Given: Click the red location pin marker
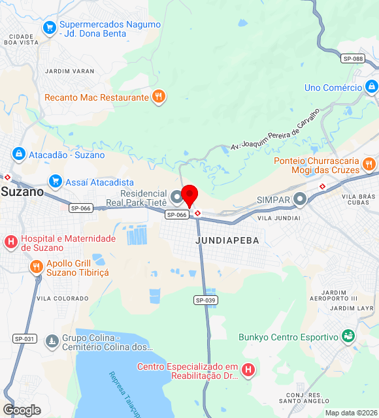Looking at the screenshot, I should tap(189, 195).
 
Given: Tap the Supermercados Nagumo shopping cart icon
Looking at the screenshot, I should tap(49, 28).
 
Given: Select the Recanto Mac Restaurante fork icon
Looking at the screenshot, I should tap(158, 97).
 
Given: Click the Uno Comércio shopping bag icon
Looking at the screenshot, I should tap(371, 87).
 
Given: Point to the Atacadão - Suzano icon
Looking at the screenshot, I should tap(18, 155).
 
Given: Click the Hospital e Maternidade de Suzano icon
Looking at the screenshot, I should tap(10, 242).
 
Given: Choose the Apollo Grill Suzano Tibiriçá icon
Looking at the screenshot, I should tap(35, 266).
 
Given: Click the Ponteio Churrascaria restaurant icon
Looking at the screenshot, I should tap(369, 164).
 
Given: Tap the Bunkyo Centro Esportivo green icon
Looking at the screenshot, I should tap(348, 336).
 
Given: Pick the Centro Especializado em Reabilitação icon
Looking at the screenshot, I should tap(248, 370).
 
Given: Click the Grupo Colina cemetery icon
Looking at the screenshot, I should tap(52, 341).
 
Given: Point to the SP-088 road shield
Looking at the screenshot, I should tap(352, 59).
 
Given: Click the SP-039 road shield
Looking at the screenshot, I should tap(205, 300).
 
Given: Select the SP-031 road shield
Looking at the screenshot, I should tap(24, 338).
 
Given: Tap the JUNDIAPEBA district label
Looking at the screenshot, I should tap(227, 240).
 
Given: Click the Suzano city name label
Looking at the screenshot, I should tap(22, 192).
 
